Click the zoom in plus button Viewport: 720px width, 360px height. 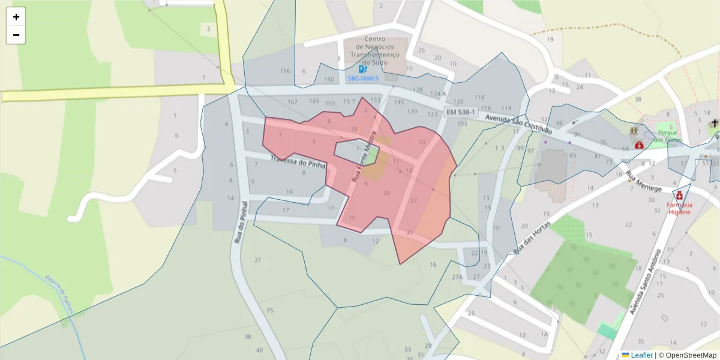(x=16, y=17)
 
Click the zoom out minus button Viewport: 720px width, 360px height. (x=16, y=35)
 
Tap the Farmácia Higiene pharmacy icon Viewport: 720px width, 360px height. (x=679, y=195)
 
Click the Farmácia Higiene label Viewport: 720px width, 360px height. (x=679, y=208)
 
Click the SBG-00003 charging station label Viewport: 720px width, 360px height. (x=363, y=79)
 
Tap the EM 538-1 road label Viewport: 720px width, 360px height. (x=461, y=112)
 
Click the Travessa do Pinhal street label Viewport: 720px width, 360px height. (x=299, y=162)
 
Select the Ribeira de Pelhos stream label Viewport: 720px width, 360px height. (x=59, y=294)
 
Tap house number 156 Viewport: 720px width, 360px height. (x=285, y=71)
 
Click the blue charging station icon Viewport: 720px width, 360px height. (x=362, y=69)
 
